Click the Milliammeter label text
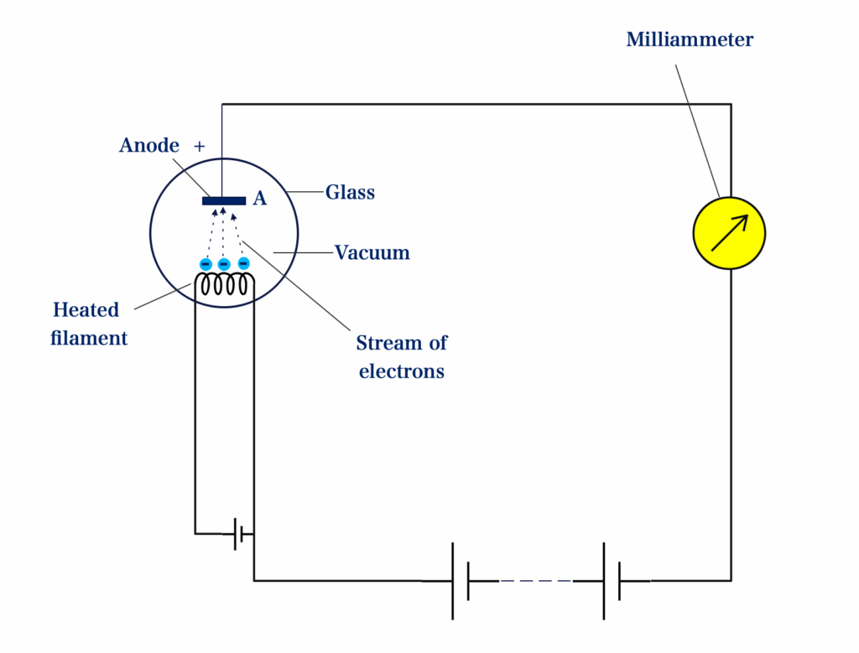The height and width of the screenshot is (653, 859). [690, 39]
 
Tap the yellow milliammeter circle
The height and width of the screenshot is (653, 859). [729, 233]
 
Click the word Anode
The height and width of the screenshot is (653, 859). [149, 146]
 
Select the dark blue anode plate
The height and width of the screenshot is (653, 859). [224, 200]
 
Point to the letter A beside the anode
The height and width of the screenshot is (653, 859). [260, 199]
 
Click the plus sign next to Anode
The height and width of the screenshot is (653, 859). [200, 146]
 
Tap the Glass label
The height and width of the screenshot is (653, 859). [350, 193]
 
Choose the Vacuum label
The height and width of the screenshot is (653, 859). [372, 252]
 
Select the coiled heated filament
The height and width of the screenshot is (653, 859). [224, 285]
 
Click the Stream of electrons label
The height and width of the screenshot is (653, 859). [401, 356]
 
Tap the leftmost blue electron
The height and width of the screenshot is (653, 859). [206, 264]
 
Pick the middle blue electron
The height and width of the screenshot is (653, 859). [224, 264]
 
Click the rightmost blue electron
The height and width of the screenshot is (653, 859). [243, 263]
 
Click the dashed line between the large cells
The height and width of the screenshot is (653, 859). [535, 580]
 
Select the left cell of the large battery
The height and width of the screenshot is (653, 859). [461, 580]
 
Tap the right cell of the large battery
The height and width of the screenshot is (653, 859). [612, 580]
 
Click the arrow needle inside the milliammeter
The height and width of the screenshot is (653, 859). [729, 233]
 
